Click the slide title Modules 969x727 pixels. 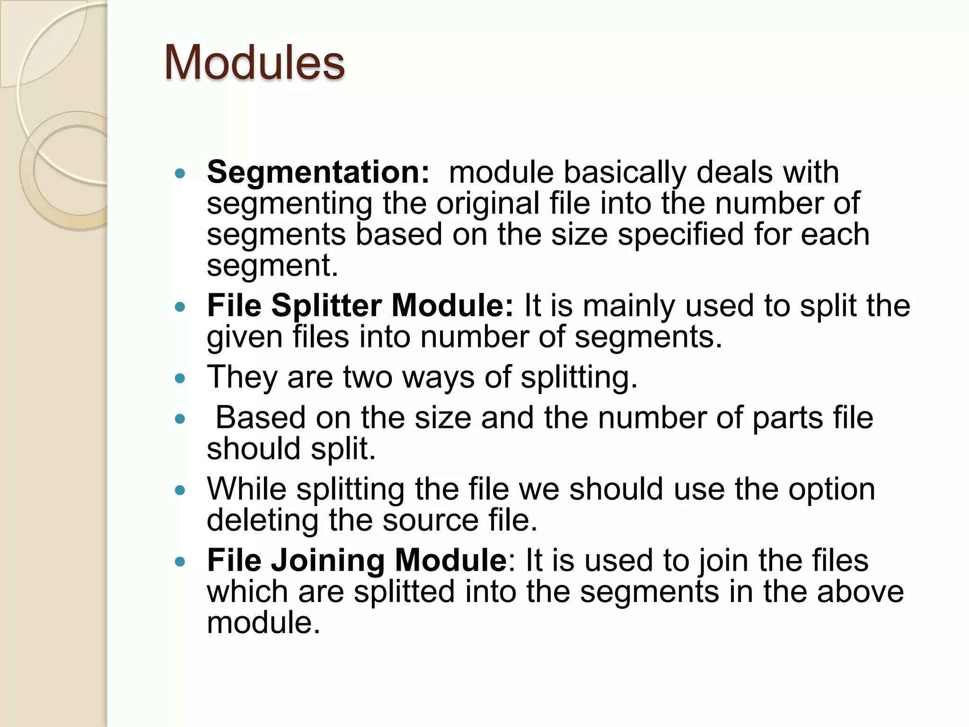(x=255, y=63)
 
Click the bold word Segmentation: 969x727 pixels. (x=318, y=172)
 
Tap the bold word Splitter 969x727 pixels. (x=326, y=306)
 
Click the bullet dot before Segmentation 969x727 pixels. (x=180, y=174)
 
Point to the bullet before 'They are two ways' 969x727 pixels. (x=180, y=379)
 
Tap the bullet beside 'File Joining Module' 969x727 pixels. (x=180, y=562)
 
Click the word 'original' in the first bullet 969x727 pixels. (x=487, y=204)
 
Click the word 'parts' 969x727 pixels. (x=788, y=418)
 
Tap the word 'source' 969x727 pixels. (x=430, y=521)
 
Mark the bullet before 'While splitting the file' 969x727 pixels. (x=180, y=491)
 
